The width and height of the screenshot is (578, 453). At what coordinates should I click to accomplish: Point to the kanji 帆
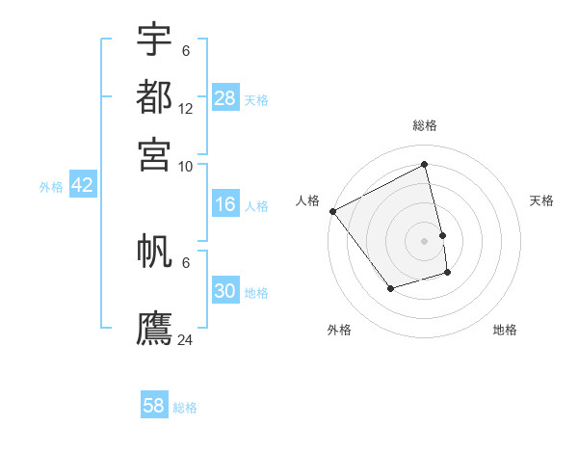[154, 253]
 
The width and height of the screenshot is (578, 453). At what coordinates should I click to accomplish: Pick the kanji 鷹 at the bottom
[154, 328]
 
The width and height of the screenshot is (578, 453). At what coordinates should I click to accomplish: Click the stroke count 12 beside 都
[186, 109]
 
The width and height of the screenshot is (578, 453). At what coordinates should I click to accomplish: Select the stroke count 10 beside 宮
[186, 166]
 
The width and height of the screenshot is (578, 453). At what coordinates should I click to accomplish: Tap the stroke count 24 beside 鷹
[186, 339]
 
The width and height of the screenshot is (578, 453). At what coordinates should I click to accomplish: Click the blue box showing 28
[225, 98]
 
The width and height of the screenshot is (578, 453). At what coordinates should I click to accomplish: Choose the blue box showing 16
[225, 204]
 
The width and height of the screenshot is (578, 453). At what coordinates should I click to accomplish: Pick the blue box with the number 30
[225, 291]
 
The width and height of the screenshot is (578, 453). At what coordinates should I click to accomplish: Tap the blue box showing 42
[82, 185]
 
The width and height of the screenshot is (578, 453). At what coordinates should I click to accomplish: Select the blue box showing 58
[154, 406]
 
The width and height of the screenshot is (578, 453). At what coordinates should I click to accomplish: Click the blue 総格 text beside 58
[185, 408]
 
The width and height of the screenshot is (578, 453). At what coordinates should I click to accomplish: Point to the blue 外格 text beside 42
[51, 187]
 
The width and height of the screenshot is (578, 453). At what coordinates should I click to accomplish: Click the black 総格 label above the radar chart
[425, 125]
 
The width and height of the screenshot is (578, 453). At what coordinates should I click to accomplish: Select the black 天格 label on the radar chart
[542, 200]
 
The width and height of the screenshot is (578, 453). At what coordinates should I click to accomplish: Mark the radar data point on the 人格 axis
[332, 211]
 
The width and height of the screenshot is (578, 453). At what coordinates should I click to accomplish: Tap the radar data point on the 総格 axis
[425, 164]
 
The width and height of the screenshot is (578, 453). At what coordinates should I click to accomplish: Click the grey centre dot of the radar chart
[425, 240]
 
